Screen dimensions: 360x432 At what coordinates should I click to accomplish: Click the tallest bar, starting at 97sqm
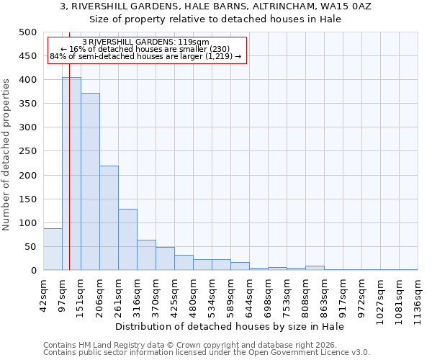[71, 174]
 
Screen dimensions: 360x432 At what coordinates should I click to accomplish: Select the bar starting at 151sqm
[90, 181]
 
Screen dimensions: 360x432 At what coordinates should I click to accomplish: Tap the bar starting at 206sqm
[109, 218]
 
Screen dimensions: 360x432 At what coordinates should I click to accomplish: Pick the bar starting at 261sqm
[127, 240]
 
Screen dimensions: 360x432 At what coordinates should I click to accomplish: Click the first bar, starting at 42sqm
[53, 249]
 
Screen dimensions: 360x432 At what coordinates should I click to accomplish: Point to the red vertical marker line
[69, 180]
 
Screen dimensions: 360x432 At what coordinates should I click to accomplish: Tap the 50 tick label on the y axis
[30, 247]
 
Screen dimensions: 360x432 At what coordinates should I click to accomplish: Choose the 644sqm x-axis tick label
[249, 294]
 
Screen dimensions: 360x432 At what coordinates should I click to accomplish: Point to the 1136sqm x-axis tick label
[418, 296]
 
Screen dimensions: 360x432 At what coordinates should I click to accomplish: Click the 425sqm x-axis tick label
[174, 294]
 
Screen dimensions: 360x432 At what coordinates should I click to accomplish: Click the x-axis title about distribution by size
[230, 326]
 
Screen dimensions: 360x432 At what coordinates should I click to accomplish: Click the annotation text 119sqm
[146, 42]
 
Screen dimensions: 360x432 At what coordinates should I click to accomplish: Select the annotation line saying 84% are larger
[145, 56]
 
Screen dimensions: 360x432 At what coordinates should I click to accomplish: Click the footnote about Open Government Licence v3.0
[207, 352]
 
